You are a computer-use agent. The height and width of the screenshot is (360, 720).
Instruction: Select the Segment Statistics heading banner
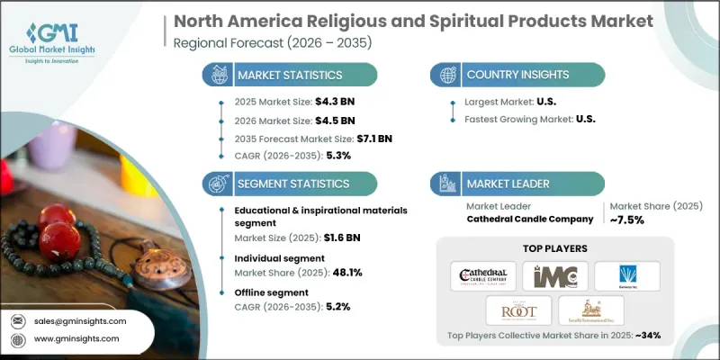(x=288, y=183)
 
